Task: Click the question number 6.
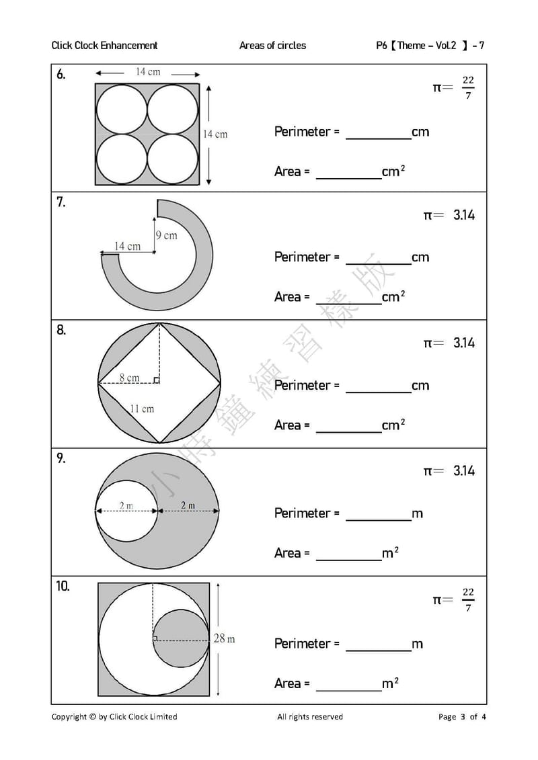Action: (x=61, y=74)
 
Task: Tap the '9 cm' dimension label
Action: (x=166, y=236)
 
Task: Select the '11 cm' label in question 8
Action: (x=142, y=409)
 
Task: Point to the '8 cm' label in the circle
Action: (x=130, y=377)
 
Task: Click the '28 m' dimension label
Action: (x=224, y=638)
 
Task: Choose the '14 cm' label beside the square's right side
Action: (x=215, y=134)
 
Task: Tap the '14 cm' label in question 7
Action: (x=127, y=246)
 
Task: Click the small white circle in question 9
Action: (x=126, y=511)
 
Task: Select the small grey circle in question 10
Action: (x=181, y=638)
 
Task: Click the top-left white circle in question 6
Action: (x=121, y=110)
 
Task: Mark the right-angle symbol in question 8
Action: (x=156, y=380)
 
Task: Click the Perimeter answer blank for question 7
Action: (x=379, y=264)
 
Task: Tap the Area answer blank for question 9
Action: (x=349, y=560)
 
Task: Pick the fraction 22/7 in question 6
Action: (x=467, y=88)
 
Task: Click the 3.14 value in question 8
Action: (x=464, y=343)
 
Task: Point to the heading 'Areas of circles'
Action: (x=272, y=46)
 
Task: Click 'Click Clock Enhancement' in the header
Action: (x=104, y=46)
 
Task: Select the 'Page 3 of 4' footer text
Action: (x=462, y=716)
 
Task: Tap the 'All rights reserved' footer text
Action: (x=310, y=716)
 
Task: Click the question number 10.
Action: (x=63, y=586)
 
